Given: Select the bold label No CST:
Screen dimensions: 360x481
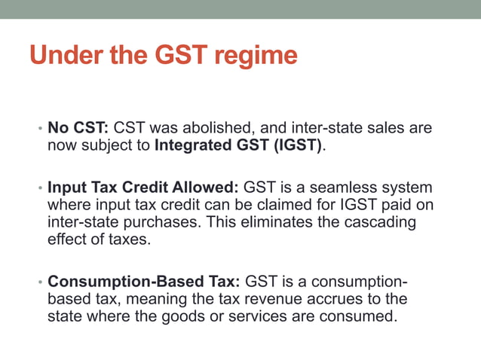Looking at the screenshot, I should [x=78, y=128].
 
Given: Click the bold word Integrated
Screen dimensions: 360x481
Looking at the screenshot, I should [x=192, y=145].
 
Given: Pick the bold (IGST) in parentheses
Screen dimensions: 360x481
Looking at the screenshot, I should [x=297, y=145].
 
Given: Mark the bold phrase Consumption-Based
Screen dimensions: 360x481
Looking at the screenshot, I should [x=124, y=282].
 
